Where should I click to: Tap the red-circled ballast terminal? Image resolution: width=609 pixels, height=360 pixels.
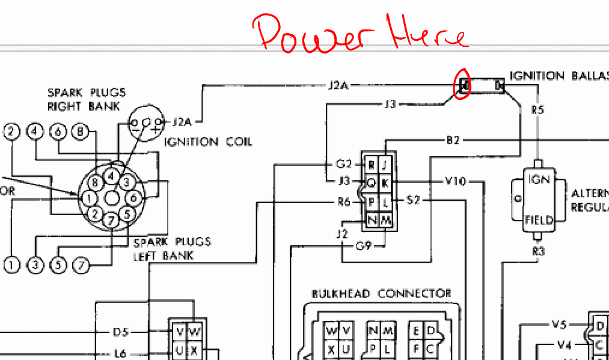point(464,87)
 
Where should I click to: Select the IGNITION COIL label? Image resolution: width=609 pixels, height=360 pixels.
point(208,142)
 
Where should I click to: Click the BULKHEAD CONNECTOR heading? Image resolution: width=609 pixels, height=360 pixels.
point(381,294)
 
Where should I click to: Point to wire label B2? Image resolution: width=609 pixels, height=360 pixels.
point(453,140)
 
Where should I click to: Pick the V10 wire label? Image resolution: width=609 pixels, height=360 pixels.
point(455,181)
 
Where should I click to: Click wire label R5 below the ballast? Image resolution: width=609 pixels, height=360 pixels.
point(537,110)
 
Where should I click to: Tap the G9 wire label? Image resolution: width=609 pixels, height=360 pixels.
point(364,245)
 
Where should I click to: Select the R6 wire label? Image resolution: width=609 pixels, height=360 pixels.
point(343,202)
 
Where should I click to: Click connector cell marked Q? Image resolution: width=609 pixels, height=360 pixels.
point(372,182)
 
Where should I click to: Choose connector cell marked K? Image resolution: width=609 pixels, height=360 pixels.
point(385,182)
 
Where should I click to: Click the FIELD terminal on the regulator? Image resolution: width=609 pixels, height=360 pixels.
point(539,221)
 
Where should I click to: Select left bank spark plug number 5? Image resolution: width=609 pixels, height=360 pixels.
point(58,264)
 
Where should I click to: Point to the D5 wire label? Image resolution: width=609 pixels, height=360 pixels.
point(121,332)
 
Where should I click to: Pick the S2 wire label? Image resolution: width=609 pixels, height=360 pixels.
point(413,200)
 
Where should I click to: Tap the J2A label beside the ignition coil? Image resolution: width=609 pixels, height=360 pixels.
point(182,123)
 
